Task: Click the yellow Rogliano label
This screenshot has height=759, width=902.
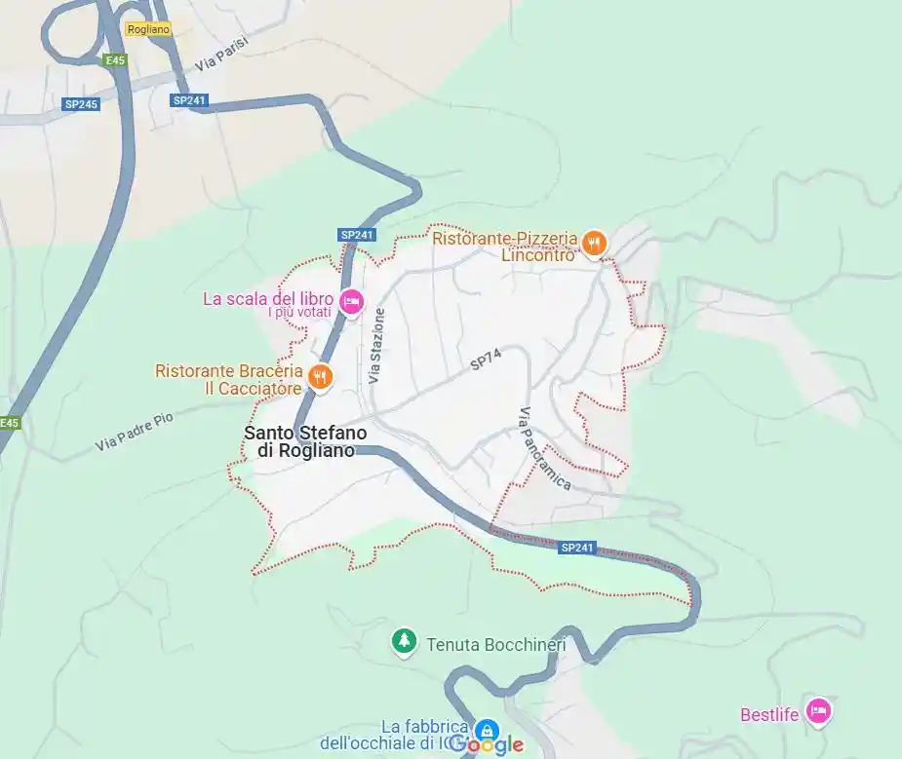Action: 148,30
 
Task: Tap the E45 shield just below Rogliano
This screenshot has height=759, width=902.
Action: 116,60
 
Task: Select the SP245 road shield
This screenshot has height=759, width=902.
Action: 82,103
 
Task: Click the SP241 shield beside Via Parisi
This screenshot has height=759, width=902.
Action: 189,99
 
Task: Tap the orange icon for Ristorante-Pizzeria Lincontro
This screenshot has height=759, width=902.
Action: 594,243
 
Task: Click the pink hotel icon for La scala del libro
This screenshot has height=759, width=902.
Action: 352,302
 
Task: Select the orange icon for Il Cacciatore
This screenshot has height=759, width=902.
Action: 320,377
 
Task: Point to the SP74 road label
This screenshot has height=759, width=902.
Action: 485,361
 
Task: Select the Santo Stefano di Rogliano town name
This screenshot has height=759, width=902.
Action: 299,440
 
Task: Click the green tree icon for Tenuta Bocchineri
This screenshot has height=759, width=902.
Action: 402,642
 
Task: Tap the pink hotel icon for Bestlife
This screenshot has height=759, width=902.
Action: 818,712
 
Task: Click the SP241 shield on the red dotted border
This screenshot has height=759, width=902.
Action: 577,549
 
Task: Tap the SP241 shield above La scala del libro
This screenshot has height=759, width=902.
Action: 357,235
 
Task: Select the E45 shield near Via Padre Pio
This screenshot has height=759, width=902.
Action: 9,423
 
